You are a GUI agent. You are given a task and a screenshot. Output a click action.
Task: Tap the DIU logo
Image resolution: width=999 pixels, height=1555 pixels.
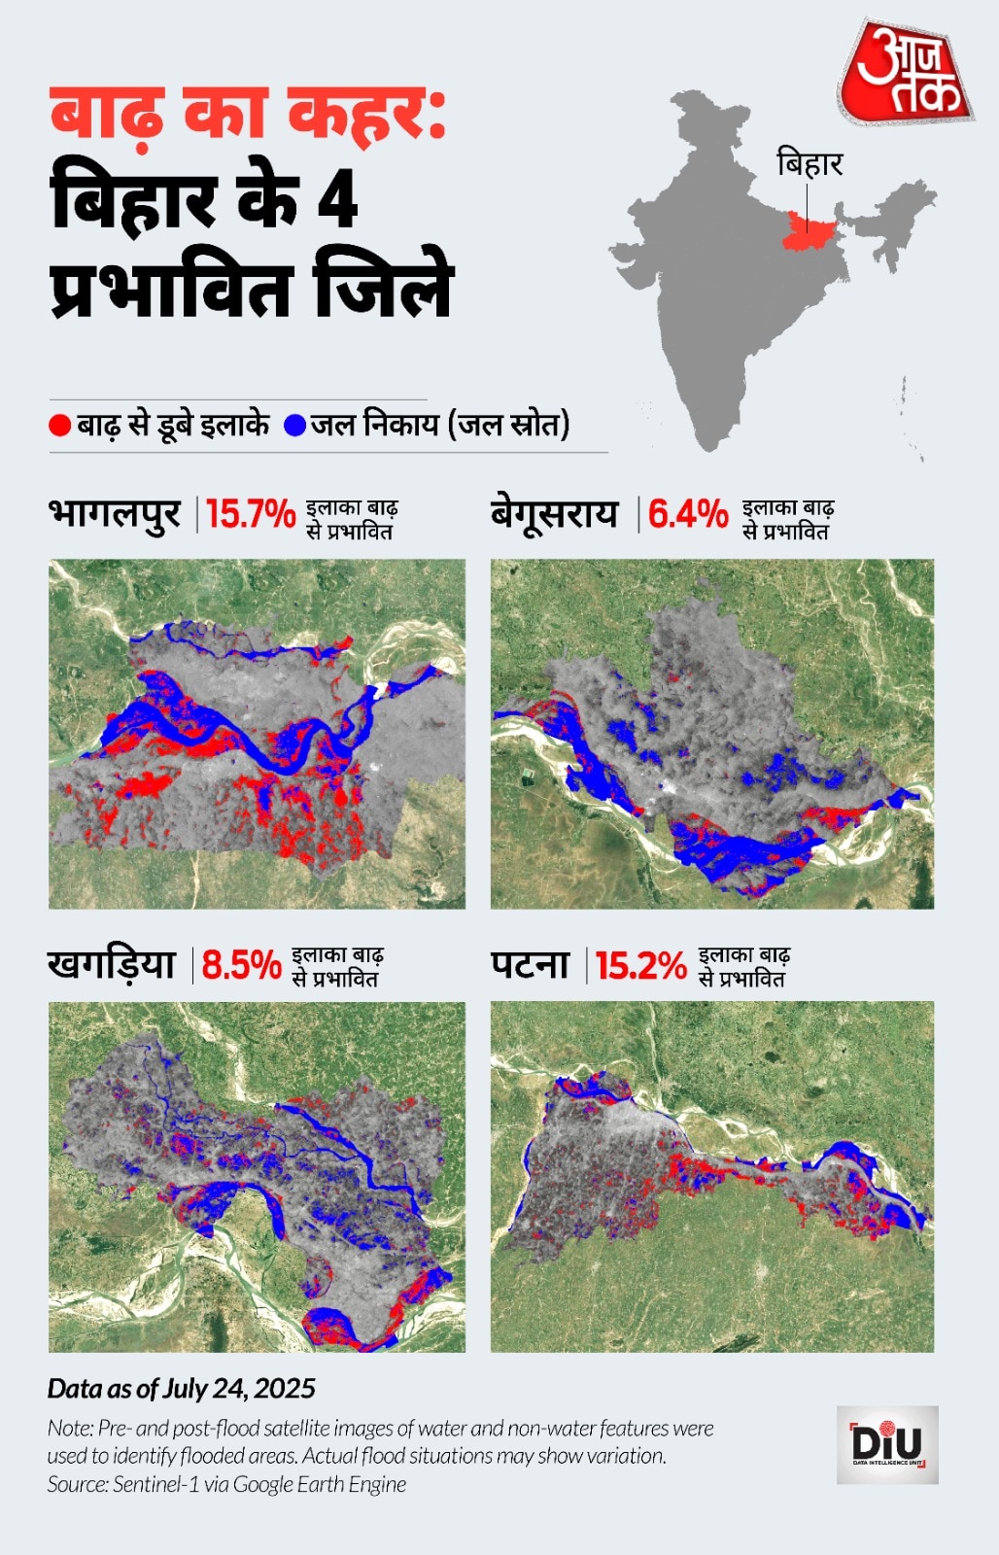coord(887,1444)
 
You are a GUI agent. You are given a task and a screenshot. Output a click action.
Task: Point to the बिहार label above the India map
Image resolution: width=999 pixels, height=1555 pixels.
coord(810,163)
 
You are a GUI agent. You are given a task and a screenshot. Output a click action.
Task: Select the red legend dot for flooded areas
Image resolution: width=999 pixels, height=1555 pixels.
coord(60,426)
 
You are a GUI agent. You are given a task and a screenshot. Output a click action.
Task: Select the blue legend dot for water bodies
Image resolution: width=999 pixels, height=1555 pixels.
coord(295,426)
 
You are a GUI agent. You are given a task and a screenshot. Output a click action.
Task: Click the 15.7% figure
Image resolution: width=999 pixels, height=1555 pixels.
coord(251,514)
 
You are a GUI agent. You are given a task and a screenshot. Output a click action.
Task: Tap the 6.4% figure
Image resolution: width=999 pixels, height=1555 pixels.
coord(688,514)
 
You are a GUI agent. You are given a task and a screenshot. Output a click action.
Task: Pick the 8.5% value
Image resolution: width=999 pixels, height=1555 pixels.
coord(241,965)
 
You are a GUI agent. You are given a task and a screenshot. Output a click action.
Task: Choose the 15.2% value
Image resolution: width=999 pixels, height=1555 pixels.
coord(641,965)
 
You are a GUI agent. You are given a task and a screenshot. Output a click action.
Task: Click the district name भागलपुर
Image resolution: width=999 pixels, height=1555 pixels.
coord(115,513)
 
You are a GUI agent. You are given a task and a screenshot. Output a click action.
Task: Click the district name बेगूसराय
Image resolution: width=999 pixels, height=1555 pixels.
coord(554,513)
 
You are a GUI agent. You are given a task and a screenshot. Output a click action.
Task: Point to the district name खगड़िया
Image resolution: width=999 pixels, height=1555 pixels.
coord(112,964)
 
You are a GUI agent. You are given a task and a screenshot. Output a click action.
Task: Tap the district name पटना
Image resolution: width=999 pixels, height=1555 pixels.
coord(530,964)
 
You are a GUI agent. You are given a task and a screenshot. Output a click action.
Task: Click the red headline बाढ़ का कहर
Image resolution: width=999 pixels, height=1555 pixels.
coord(248,117)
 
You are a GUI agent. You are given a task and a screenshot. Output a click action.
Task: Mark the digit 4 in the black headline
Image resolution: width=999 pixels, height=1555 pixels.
coord(338,200)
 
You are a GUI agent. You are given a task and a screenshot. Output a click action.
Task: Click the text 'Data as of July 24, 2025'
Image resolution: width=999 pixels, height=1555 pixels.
coord(182,1388)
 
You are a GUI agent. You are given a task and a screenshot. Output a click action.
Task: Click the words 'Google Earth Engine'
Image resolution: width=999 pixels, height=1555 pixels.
coord(320,1484)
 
